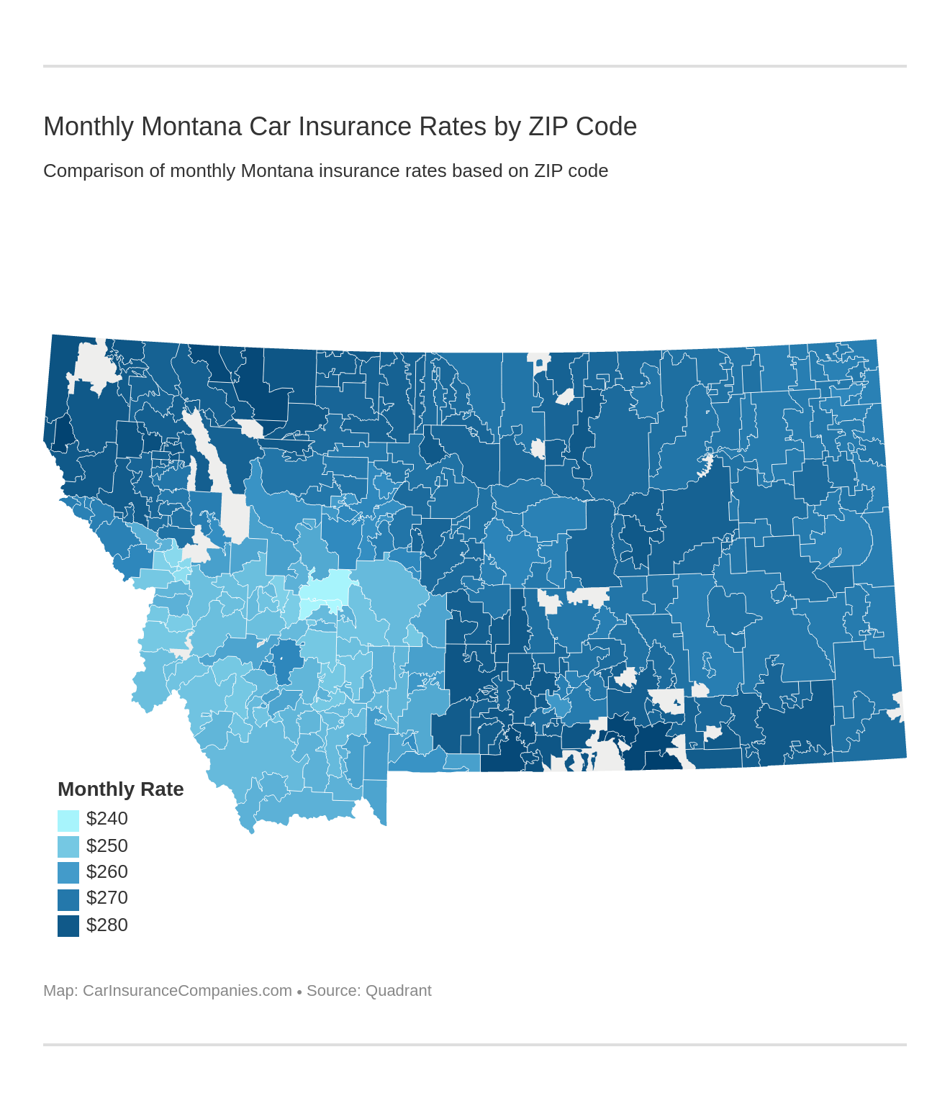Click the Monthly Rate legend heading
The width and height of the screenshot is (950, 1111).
point(120,789)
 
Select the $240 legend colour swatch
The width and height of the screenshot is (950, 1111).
point(68,820)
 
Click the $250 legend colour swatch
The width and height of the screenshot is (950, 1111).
point(68,846)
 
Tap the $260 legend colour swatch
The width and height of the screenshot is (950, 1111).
point(68,873)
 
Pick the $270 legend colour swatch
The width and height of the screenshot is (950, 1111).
point(68,899)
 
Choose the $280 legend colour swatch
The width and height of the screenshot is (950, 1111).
point(68,925)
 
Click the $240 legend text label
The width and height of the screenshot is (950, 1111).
point(107,819)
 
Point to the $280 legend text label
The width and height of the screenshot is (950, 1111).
point(107,925)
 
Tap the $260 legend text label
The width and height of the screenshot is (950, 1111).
point(107,872)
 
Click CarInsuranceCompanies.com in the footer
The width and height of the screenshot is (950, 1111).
point(187,991)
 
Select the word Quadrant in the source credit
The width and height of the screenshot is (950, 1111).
point(398,991)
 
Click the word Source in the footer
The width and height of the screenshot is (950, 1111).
point(332,991)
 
